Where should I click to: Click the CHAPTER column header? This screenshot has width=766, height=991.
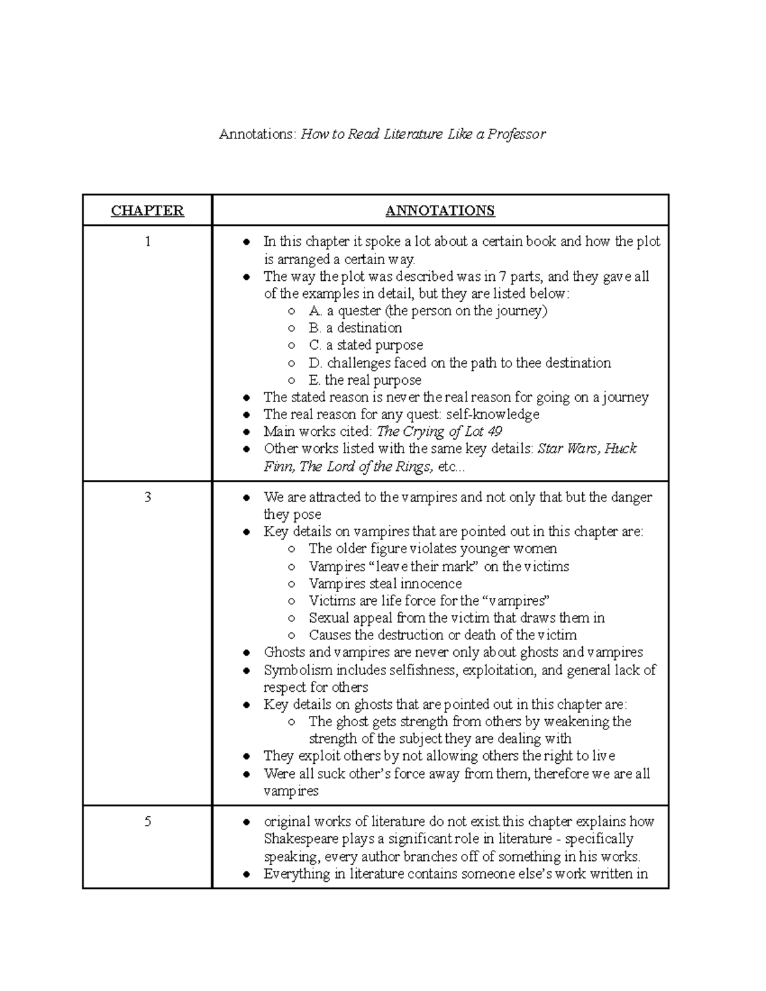147,211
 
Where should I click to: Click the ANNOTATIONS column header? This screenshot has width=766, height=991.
440,211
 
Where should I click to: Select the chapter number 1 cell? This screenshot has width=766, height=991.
147,242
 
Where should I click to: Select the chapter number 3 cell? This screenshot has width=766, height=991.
147,497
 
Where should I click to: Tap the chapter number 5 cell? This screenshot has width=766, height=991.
147,821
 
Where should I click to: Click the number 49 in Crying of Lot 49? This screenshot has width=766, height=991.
494,431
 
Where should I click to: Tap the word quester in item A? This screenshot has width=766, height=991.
359,311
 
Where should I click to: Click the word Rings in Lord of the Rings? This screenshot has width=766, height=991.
412,466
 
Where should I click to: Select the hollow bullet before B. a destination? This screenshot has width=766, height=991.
291,329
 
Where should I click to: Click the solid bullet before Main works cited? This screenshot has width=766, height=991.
246,432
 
